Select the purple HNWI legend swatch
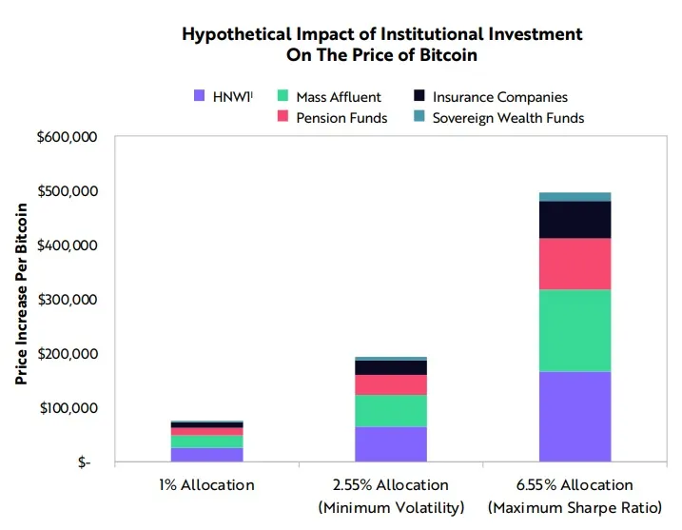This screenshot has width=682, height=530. tap(200, 96)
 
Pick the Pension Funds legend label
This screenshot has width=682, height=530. tap(341, 118)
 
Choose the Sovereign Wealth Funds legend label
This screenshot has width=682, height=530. tap(508, 118)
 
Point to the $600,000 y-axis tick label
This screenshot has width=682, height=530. tap(67, 137)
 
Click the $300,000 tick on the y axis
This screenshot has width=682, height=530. tap(67, 300)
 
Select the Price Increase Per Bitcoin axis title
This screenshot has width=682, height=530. tap(21, 300)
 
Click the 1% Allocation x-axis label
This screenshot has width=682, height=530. tap(206, 485)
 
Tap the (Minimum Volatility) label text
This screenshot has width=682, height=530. tap(391, 506)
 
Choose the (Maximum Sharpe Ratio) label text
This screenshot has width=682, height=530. tap(575, 506)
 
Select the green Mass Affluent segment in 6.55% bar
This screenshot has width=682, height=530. tap(575, 330)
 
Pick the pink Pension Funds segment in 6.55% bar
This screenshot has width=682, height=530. tap(575, 264)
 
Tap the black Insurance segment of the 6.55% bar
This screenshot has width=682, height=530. tap(575, 220)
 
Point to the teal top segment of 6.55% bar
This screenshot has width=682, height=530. tap(575, 197)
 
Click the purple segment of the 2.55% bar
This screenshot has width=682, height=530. tap(391, 444)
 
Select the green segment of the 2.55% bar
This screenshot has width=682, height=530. tap(391, 410)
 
